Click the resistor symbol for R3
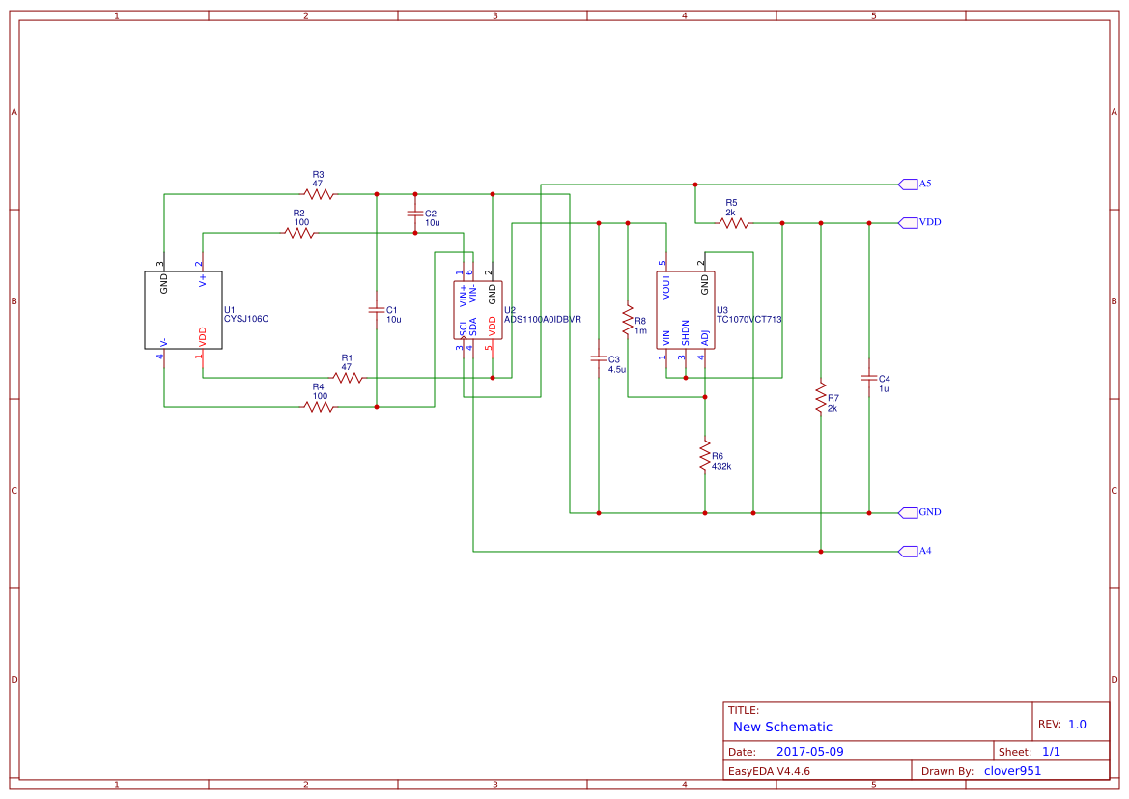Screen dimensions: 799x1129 click(x=319, y=194)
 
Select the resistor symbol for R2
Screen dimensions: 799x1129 click(x=299, y=233)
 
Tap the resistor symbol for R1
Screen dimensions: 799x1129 click(x=348, y=378)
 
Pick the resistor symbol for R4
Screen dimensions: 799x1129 click(x=319, y=407)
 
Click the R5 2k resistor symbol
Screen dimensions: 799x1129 click(x=734, y=223)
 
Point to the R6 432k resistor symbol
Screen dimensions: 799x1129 click(x=705, y=456)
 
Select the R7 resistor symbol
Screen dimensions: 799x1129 click(x=821, y=396)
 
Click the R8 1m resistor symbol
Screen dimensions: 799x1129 click(x=628, y=320)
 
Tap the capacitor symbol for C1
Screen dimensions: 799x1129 click(x=377, y=310)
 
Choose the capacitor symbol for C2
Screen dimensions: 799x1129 click(x=415, y=214)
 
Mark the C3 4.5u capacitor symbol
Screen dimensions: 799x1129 click(x=599, y=358)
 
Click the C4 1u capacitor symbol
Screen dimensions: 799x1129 click(x=869, y=378)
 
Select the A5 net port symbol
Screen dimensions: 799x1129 click(x=908, y=184)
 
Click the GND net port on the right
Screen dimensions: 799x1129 click(x=908, y=512)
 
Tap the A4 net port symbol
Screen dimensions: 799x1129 click(x=908, y=551)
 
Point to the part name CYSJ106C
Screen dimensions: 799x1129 click(x=246, y=318)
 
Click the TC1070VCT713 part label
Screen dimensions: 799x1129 click(x=748, y=319)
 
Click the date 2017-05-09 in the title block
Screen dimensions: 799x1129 click(x=809, y=752)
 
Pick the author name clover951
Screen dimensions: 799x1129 click(x=1012, y=771)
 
